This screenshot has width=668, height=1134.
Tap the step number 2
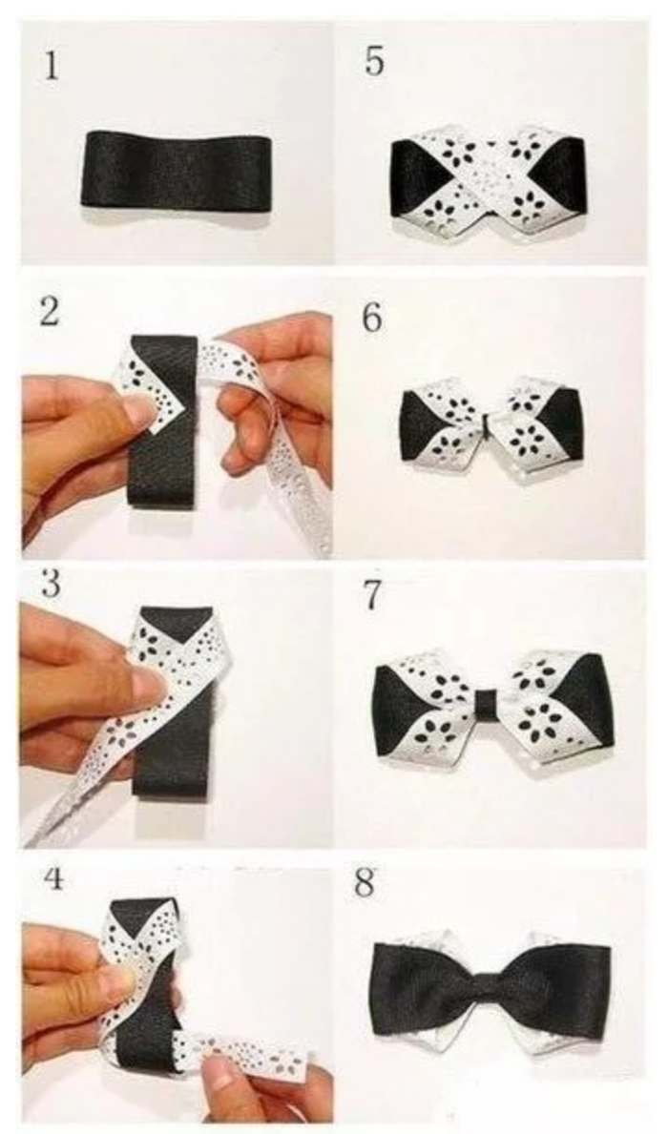coord(49,313)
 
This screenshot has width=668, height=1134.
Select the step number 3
coord(51,585)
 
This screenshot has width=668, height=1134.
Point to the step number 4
coord(52,878)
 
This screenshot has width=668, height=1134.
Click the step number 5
coord(374,61)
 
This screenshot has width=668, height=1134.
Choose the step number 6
coord(372,319)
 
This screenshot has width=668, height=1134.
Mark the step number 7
coord(372,595)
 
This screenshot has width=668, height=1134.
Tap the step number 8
coord(365,884)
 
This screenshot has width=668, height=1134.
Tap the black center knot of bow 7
coord(487,702)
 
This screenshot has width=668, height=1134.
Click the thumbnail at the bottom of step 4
coord(219,1072)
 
